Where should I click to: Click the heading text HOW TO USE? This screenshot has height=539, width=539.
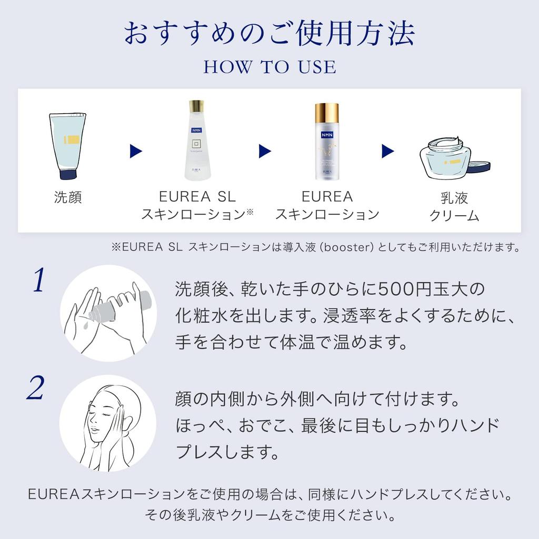[x=269, y=67]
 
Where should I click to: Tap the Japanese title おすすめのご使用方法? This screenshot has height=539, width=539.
[x=269, y=33]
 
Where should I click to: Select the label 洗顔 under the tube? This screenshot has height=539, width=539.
[x=68, y=197]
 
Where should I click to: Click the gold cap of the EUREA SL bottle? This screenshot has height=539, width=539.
[x=197, y=105]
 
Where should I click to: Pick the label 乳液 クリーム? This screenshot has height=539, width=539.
[x=454, y=206]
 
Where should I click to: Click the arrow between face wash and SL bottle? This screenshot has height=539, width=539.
[x=136, y=152]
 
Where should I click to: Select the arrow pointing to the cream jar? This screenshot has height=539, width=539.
[x=388, y=152]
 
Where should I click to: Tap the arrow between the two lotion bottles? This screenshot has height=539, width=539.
[x=265, y=152]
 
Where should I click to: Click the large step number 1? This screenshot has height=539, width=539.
[x=38, y=281]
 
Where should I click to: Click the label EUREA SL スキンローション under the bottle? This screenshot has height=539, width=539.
[x=197, y=205]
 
